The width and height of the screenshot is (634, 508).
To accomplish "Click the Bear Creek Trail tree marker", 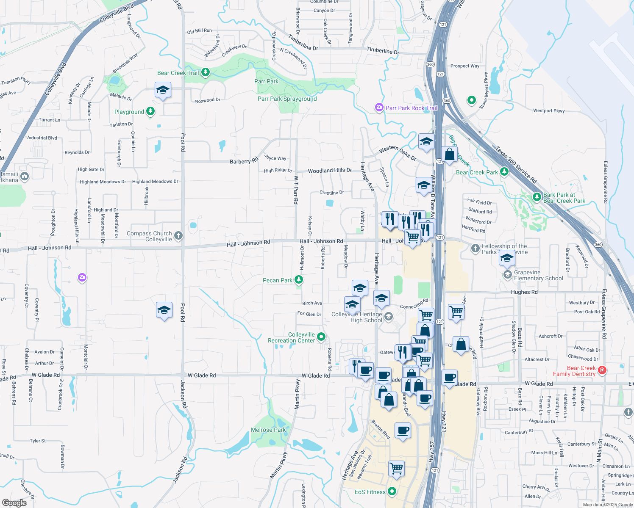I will (206, 72).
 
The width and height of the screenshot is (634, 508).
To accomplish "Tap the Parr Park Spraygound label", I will (287, 99).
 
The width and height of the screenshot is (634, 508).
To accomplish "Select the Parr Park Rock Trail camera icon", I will (379, 108).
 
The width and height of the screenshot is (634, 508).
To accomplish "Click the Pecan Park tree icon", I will (299, 280).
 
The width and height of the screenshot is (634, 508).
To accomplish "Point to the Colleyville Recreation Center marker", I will (321, 337).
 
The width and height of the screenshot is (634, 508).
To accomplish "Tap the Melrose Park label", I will (268, 430).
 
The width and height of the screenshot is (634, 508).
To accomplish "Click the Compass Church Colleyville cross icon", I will (178, 236).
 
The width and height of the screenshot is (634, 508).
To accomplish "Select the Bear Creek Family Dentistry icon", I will (602, 370).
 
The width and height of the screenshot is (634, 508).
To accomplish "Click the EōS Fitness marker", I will (392, 491).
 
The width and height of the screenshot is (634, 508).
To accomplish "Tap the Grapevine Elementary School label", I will (538, 275).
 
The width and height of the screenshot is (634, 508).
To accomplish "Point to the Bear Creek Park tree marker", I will (504, 172).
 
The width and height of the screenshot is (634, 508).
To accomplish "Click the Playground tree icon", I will (150, 111).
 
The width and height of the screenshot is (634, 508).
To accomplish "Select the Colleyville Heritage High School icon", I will (389, 316).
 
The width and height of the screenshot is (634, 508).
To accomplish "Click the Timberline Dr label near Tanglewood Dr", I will (383, 51).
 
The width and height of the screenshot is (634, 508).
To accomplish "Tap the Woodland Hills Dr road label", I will (330, 170).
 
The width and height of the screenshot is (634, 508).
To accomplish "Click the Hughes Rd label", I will (524, 292).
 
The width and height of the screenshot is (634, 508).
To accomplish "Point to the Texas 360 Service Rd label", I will (516, 164).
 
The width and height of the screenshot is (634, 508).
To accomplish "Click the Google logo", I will (14, 502).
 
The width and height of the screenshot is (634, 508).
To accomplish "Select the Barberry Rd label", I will (244, 161).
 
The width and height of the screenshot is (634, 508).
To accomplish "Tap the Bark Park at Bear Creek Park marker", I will (537, 197).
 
